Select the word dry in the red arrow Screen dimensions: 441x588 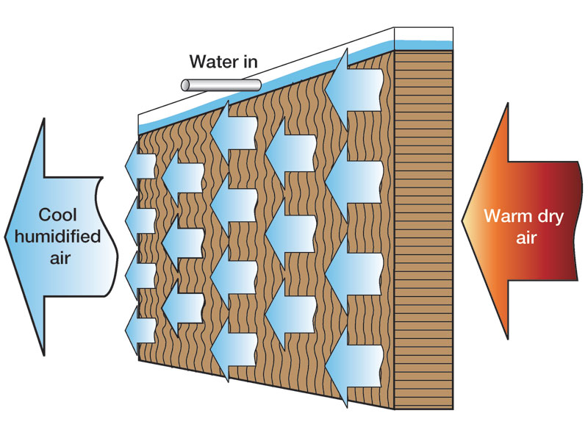(x=551, y=215)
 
